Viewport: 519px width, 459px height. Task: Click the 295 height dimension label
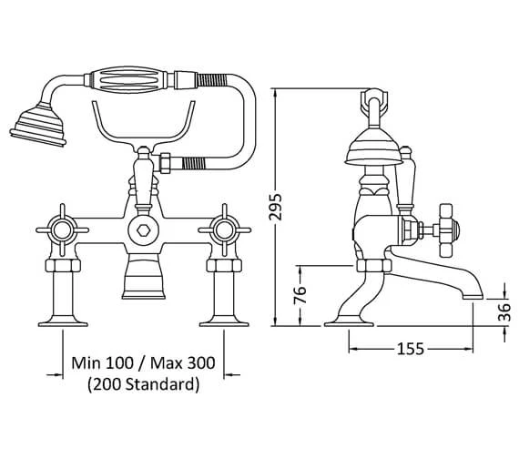pyautogui.click(x=275, y=207)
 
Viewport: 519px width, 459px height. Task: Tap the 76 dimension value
pyautogui.click(x=300, y=295)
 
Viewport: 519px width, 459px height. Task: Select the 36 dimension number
pyautogui.click(x=504, y=312)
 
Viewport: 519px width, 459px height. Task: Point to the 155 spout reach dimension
pyautogui.click(x=411, y=349)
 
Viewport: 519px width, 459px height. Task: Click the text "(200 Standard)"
pyautogui.click(x=144, y=384)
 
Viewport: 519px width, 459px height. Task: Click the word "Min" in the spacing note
pyautogui.click(x=86, y=363)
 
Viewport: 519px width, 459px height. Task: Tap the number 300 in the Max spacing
pyautogui.click(x=201, y=363)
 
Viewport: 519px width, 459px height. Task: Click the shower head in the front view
pyautogui.click(x=38, y=125)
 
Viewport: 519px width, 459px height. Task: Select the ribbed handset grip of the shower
pyautogui.click(x=129, y=80)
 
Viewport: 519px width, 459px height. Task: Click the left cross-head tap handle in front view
pyautogui.click(x=62, y=230)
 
